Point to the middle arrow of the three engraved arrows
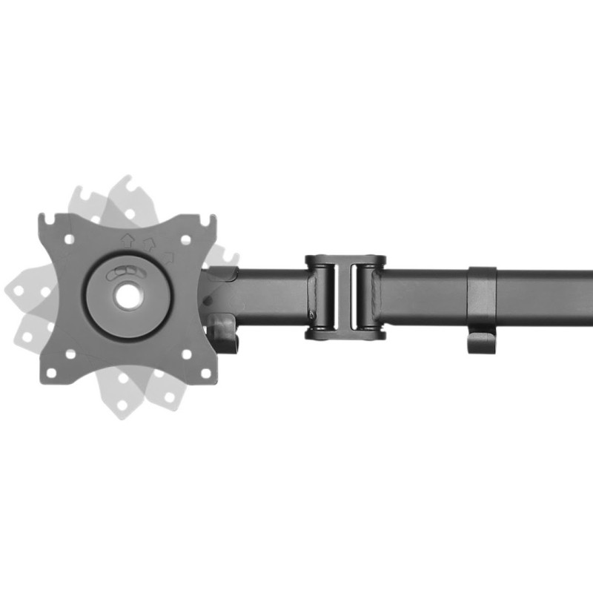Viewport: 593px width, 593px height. (150, 243)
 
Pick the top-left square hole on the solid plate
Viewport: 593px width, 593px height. (69, 239)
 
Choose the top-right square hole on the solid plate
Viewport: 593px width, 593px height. (186, 239)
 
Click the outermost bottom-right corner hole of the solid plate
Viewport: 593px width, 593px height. (204, 372)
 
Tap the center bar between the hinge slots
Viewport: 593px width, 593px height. (345, 297)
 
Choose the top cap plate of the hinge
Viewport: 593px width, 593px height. (345, 260)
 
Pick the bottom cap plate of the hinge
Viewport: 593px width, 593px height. (345, 334)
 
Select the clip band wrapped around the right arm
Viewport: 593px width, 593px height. (482, 296)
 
